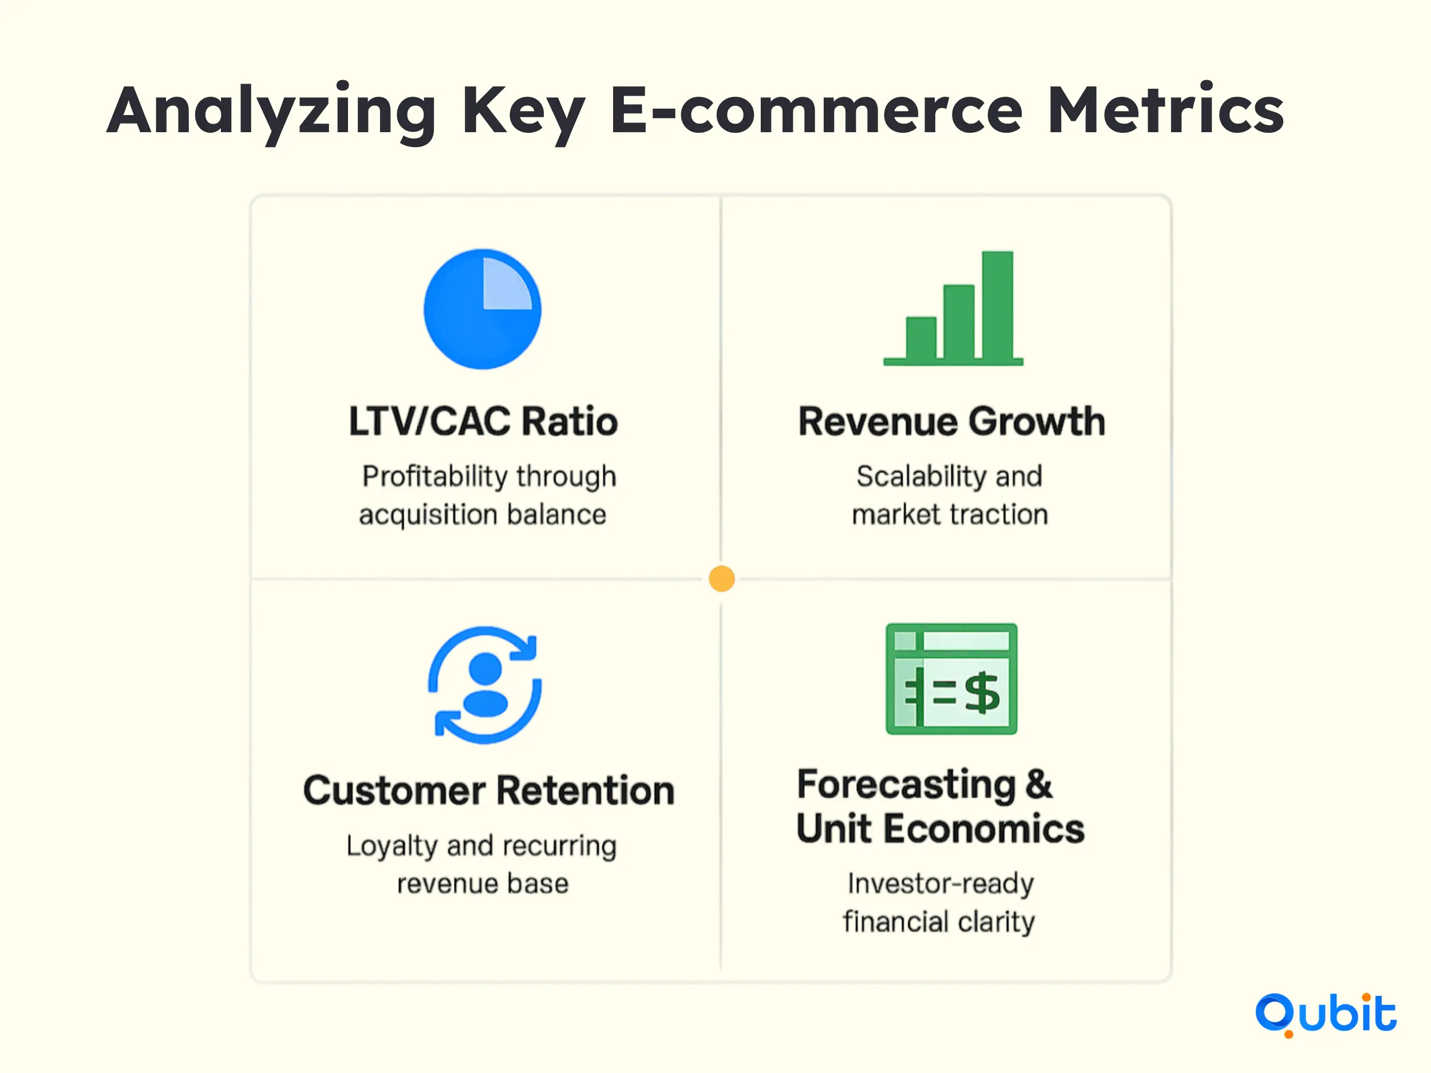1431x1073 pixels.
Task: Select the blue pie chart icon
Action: pos(483,309)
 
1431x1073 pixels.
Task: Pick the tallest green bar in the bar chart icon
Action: pos(998,305)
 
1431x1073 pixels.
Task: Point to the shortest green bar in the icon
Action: pos(921,338)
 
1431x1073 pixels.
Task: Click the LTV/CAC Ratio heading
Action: pos(483,422)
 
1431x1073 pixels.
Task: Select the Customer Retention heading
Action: pos(489,790)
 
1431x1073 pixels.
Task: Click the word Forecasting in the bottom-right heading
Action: pos(906,785)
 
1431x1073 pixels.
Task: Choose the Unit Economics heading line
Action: pos(940,829)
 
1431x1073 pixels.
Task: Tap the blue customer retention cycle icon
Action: pos(485,685)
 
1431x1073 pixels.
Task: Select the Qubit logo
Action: pos(1326,1014)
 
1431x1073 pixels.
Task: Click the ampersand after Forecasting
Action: pos(1038,784)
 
